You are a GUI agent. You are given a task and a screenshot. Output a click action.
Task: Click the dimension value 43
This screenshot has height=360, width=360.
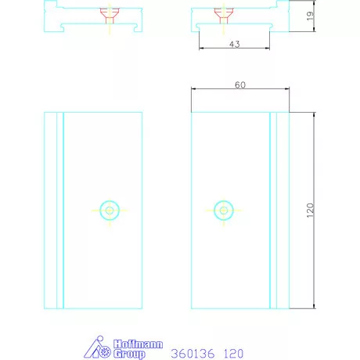[x=235, y=44]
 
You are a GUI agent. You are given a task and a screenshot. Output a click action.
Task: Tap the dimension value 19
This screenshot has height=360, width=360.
[x=310, y=16]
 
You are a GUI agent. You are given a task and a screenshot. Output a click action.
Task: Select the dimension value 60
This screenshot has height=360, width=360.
[x=240, y=85]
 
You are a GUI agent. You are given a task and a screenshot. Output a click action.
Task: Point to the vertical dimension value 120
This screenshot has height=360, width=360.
[x=310, y=211]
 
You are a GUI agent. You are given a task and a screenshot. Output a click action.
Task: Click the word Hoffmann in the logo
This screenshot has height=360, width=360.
[x=139, y=344]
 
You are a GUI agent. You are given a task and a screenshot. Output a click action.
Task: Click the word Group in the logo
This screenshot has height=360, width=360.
[x=129, y=354]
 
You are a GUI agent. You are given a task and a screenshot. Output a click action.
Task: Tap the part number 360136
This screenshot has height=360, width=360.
[x=193, y=354]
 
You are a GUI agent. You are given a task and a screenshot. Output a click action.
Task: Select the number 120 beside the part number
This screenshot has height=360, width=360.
[x=233, y=354]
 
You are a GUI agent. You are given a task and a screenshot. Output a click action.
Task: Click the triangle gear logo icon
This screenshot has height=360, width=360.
[x=97, y=347]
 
